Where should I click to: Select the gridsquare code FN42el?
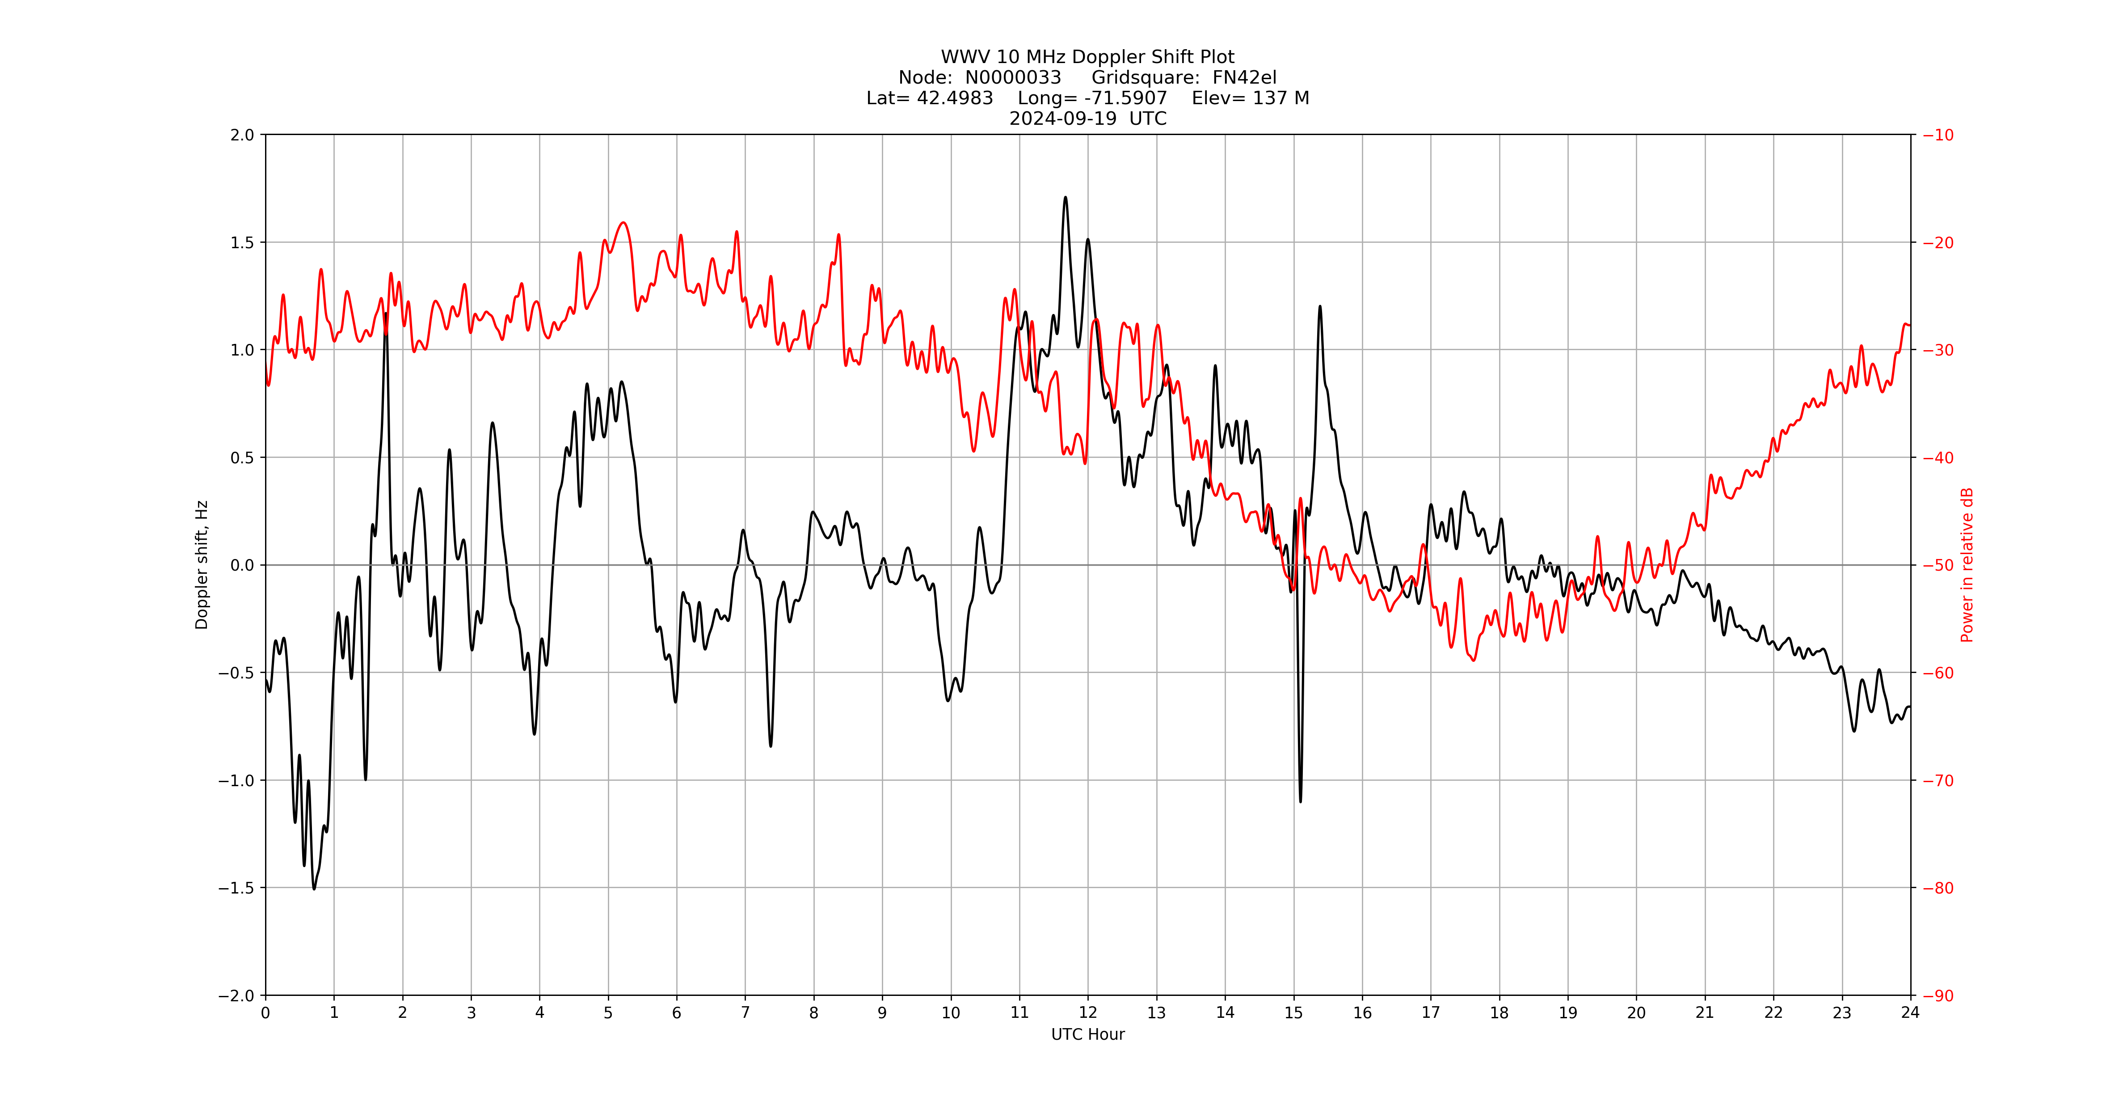click(1244, 77)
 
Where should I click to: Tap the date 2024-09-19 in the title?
click(1063, 119)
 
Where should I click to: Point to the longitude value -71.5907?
click(1126, 98)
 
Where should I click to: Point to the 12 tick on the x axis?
click(1088, 1012)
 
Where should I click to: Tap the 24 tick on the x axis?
click(1910, 1012)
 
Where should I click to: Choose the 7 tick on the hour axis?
click(745, 1012)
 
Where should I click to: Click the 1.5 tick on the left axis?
click(242, 242)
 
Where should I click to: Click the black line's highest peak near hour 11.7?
click(1066, 197)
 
